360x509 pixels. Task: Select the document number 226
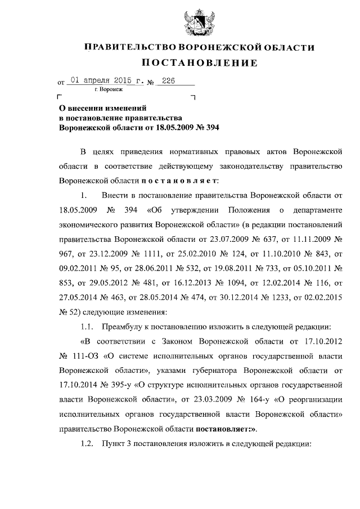[169, 82]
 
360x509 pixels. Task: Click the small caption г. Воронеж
[108, 89]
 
